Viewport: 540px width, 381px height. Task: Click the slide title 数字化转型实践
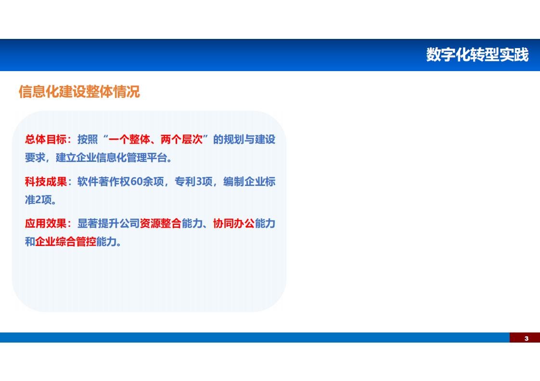tap(477, 55)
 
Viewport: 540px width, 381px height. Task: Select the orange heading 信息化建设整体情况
tap(79, 91)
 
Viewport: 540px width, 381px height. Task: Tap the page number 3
tap(526, 338)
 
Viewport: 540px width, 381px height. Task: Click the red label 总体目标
tap(46, 139)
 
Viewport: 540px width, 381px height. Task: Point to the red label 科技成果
tap(46, 182)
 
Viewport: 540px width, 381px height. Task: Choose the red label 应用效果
tap(46, 223)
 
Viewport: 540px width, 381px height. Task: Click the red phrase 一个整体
tap(129, 139)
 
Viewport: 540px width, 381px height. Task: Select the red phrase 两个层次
tap(181, 139)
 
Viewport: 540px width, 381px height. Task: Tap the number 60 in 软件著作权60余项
tap(137, 182)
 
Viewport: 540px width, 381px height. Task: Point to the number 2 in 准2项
tap(38, 200)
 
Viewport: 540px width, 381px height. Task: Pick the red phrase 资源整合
tap(160, 223)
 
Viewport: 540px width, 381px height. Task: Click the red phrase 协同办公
tap(234, 223)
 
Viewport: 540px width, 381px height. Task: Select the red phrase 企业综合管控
tap(66, 242)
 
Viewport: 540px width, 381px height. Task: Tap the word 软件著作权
tap(103, 182)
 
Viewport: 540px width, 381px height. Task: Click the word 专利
tap(185, 182)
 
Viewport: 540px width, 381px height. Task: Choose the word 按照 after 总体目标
tap(88, 139)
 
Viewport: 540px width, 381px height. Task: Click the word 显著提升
tap(98, 223)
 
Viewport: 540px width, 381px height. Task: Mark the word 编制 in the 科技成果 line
tap(234, 182)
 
